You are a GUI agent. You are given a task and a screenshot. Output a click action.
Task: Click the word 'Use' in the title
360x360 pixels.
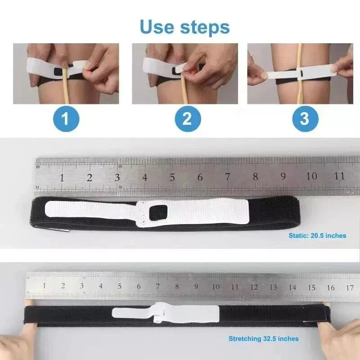tap(157, 27)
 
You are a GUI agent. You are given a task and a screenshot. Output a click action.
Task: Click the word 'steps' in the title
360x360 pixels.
tap(205, 28)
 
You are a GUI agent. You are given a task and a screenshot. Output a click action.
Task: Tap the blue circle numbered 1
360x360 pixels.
tap(66, 119)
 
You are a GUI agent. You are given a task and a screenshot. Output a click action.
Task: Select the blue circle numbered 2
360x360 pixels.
tap(188, 119)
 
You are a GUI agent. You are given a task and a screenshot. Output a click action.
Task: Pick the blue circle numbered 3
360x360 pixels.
tap(305, 119)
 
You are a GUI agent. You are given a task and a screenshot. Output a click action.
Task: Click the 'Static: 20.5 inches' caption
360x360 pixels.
tap(317, 235)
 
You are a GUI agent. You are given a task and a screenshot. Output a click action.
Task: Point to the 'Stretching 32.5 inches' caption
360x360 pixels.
tap(264, 339)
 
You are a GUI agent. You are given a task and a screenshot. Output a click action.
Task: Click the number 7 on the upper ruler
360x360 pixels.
tap(227, 177)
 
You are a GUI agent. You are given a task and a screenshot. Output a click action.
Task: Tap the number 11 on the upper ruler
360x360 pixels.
tap(339, 176)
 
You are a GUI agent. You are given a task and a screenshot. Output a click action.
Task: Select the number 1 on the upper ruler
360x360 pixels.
tap(62, 178)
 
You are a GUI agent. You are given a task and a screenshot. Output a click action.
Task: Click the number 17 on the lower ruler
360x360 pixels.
tap(350, 288)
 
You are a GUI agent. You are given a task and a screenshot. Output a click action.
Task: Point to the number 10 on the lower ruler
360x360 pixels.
tap(216, 287)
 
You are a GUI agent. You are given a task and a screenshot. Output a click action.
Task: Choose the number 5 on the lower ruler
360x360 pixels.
tap(120, 286)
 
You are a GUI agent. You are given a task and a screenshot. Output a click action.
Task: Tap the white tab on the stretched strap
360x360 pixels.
tap(165, 312)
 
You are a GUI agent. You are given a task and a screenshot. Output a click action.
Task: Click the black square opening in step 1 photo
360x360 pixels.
tap(58, 72)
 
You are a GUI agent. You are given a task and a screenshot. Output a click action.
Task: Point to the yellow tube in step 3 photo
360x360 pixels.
tap(299, 74)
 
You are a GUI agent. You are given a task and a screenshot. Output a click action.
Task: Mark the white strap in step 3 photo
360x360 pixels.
tap(301, 74)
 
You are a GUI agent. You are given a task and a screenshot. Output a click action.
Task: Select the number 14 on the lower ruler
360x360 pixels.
tap(292, 288)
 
